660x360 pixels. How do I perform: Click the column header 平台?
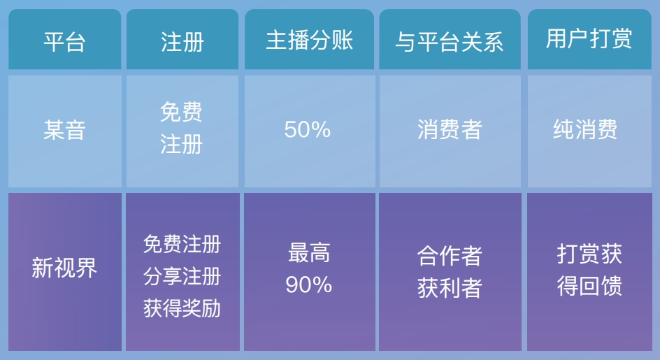64,42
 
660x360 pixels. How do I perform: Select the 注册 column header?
182,42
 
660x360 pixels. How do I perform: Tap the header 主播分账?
309,41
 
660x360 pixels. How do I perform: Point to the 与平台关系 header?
449,42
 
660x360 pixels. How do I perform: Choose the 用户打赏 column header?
589,38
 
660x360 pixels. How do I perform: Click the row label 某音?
64,130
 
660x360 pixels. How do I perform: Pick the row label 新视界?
64,268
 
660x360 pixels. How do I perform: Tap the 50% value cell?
307,129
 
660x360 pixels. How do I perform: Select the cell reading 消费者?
450,129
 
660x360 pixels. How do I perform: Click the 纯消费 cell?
585,129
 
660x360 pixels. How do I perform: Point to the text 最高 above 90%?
309,253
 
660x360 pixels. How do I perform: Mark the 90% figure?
309,285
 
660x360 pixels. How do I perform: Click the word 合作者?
450,256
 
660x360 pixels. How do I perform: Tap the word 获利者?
450,289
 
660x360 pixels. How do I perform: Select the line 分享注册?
182,276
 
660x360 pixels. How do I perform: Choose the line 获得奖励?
182,308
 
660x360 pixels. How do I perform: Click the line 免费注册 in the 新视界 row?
182,244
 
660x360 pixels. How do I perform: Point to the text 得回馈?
589,287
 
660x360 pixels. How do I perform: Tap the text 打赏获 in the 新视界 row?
589,254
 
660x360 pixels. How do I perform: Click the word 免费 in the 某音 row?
181,112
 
